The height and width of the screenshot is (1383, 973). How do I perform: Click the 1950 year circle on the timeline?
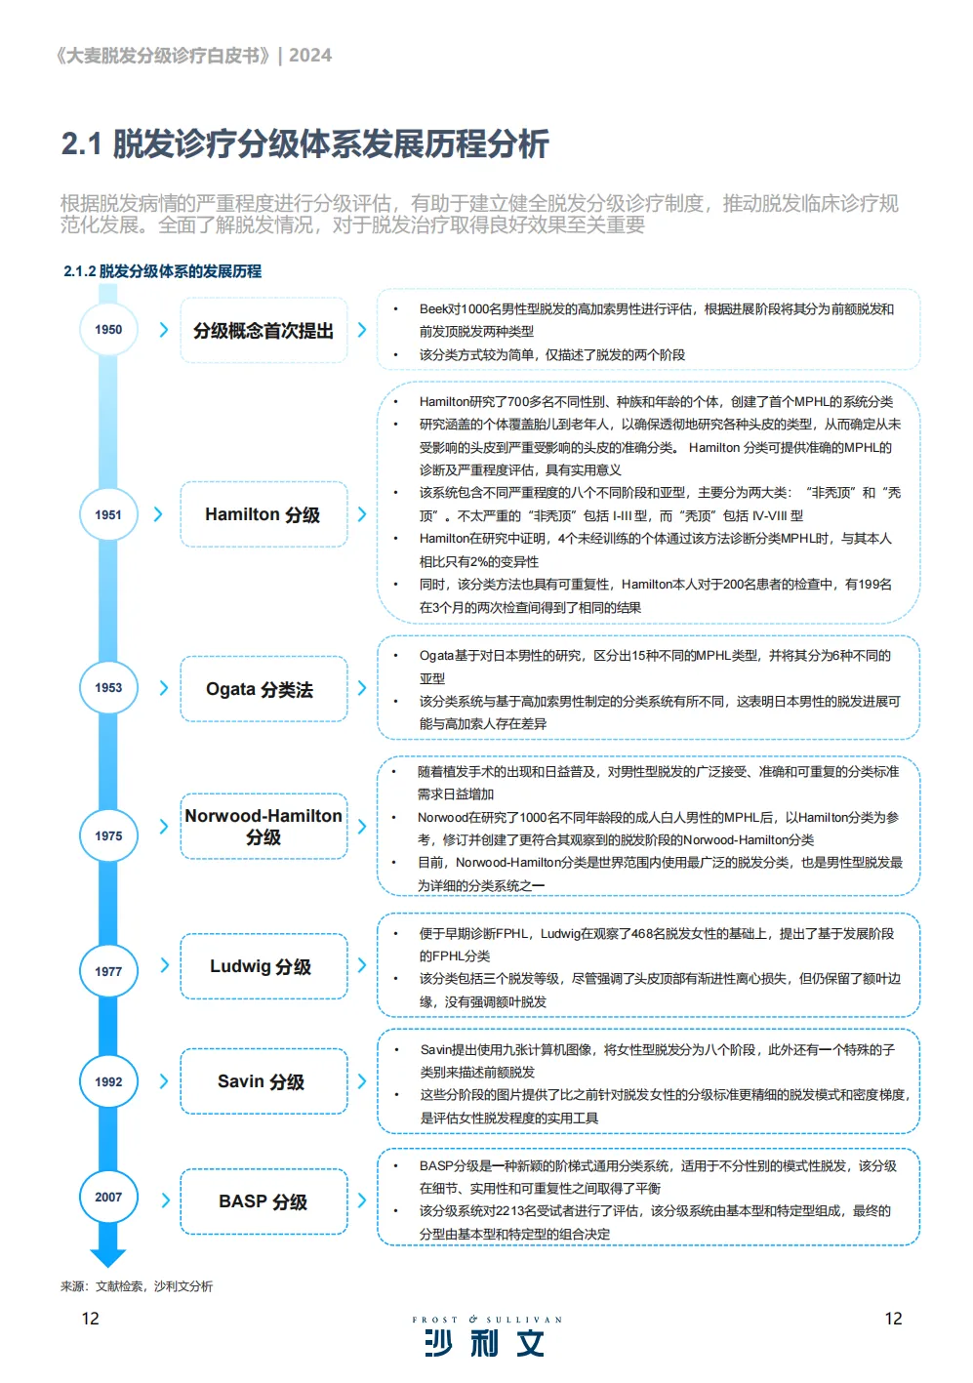point(108,330)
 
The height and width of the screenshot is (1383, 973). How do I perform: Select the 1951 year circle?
point(108,514)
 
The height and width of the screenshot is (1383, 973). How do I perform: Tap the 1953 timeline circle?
point(108,688)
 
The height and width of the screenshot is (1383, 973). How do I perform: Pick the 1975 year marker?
point(108,835)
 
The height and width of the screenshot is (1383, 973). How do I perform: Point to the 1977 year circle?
point(108,971)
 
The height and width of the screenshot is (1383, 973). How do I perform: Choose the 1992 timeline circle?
point(108,1081)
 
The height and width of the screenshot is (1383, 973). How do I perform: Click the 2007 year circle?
point(108,1198)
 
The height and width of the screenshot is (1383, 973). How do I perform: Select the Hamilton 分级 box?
point(264,514)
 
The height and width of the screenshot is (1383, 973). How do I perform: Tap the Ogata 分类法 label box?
point(264,689)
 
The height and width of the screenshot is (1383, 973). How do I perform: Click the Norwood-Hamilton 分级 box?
point(264,827)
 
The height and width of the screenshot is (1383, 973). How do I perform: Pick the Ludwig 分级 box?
point(264,966)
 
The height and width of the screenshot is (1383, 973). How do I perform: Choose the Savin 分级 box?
point(264,1081)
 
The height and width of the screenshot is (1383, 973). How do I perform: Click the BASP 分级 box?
point(264,1201)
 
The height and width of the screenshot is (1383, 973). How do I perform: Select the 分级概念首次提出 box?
point(264,331)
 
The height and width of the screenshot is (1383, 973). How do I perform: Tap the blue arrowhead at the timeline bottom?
point(108,1257)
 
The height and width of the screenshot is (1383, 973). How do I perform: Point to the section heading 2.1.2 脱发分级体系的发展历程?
point(163,271)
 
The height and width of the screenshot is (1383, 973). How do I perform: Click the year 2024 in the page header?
point(310,56)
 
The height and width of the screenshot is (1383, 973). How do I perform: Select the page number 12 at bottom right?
point(893,1319)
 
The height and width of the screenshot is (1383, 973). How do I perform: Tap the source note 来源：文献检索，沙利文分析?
point(137,1286)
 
